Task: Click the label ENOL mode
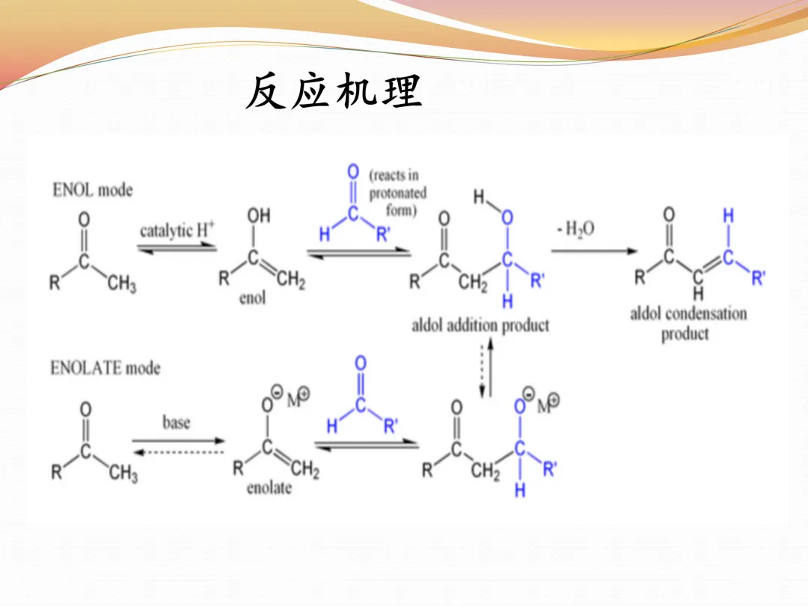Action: tap(92, 190)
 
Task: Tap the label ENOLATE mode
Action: tap(105, 367)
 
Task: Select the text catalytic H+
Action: tap(177, 230)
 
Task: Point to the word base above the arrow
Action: tap(177, 423)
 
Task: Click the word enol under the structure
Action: tap(252, 298)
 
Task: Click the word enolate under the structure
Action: tap(269, 489)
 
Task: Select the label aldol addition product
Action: tap(480, 325)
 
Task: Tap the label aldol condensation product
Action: tap(688, 322)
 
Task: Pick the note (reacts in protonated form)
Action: tap(398, 193)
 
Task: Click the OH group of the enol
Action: tap(258, 215)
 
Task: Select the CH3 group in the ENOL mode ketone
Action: tap(122, 284)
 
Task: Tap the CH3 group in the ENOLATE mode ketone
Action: tap(123, 474)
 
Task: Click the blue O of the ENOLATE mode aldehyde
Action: tap(361, 364)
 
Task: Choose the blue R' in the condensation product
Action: tap(758, 279)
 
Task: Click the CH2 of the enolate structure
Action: tap(304, 470)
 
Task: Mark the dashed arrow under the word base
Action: tap(178, 452)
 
